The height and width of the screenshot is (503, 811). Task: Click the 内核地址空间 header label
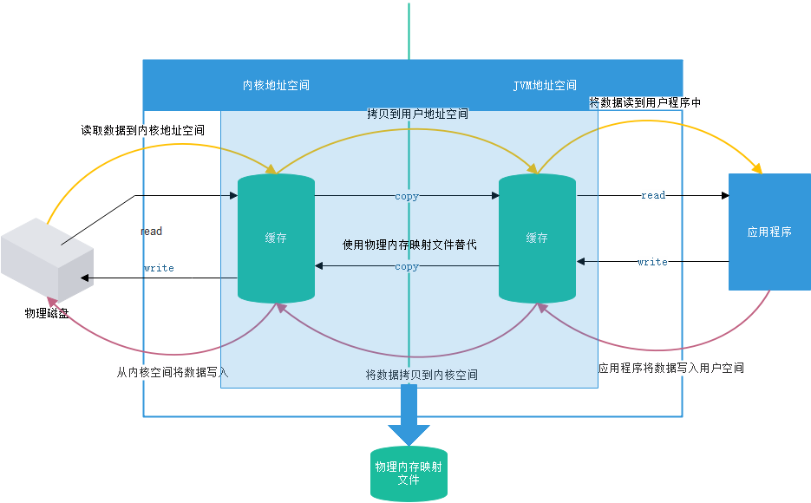click(276, 86)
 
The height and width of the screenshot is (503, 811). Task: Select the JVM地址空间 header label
click(545, 86)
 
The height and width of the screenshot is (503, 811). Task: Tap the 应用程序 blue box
click(769, 232)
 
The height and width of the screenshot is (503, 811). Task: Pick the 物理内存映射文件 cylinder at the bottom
click(409, 474)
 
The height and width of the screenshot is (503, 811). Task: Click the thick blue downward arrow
click(409, 415)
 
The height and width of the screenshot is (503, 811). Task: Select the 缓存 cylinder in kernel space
click(276, 238)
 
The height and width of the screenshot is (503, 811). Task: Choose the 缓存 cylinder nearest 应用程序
click(537, 238)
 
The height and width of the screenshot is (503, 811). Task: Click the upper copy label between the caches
click(407, 197)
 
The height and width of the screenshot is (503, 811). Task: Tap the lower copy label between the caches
click(407, 267)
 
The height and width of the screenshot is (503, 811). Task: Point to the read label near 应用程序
click(653, 196)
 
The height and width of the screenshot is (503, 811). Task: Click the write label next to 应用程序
click(652, 262)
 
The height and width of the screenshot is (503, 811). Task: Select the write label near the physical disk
click(159, 269)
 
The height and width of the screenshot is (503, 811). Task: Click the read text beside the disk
click(151, 232)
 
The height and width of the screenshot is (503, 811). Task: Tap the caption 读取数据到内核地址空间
click(143, 131)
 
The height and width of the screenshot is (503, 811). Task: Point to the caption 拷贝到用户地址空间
click(417, 114)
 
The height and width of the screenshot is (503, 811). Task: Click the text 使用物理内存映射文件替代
click(409, 245)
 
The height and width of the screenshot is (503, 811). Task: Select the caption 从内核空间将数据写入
click(173, 372)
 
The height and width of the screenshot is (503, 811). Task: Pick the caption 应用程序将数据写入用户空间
click(670, 369)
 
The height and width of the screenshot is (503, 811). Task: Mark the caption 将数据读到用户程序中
click(644, 103)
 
